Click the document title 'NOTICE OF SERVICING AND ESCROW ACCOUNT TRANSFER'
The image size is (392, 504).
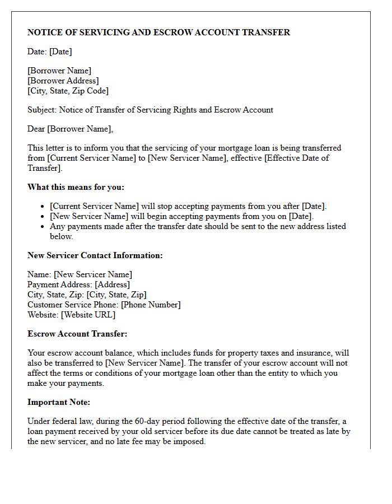tap(158, 32)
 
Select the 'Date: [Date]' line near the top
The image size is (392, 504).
tap(50, 52)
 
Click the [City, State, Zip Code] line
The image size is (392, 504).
tap(68, 91)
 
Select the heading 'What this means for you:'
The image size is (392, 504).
tap(76, 187)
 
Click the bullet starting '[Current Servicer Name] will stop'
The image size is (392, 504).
tap(188, 206)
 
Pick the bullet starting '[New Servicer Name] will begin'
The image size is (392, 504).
tap(182, 216)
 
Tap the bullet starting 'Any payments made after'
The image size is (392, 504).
tap(198, 226)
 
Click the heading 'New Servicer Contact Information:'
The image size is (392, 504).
tap(95, 255)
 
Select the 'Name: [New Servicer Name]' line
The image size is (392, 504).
tap(80, 274)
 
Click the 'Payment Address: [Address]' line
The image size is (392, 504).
tap(78, 284)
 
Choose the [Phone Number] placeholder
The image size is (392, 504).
tap(151, 305)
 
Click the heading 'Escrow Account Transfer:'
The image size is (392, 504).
tap(77, 334)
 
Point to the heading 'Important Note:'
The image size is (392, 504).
tap(58, 402)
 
